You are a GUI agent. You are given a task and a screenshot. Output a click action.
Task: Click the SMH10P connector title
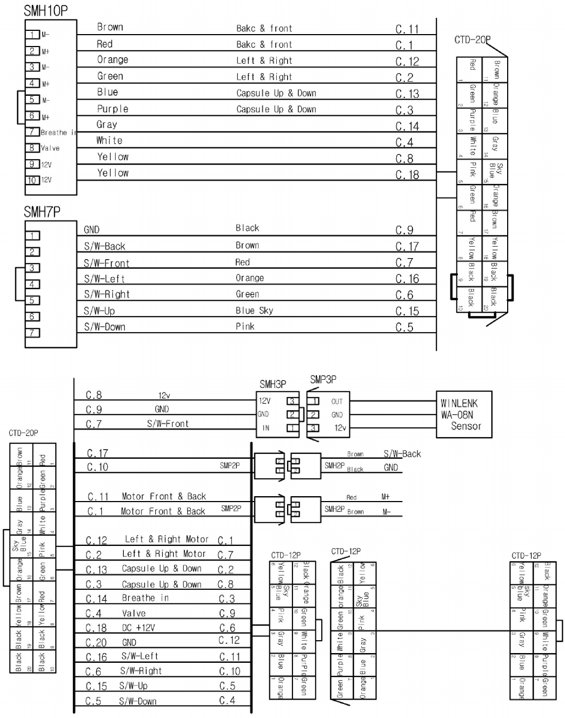[x=45, y=10]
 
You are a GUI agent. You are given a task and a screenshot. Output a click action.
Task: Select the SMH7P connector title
[x=42, y=212]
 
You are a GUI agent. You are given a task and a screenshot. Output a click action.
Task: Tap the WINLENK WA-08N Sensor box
[x=464, y=414]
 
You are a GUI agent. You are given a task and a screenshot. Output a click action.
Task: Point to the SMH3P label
[x=272, y=385]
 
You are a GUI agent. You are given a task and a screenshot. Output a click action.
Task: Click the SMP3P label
[x=323, y=380]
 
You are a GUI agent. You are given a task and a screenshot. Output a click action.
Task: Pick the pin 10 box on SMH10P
[x=32, y=180]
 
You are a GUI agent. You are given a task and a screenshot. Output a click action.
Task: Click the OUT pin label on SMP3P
[x=337, y=401]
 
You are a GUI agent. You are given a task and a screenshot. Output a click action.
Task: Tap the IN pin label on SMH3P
[x=265, y=428]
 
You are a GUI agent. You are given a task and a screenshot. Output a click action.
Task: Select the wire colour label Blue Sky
[x=254, y=311]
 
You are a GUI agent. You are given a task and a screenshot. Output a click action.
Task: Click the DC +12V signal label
[x=138, y=628]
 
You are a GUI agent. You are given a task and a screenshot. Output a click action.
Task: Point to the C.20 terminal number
[x=97, y=642]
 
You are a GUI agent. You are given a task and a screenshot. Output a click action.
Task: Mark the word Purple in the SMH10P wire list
[x=112, y=109]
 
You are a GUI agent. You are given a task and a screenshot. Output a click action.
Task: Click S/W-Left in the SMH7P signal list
[x=104, y=279]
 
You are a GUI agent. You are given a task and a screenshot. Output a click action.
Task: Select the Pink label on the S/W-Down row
[x=245, y=326]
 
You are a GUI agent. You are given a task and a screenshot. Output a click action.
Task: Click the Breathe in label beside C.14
[x=145, y=598]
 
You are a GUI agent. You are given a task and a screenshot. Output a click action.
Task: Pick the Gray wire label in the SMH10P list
[x=107, y=124]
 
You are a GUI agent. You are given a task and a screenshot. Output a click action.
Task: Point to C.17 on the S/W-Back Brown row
[x=407, y=247]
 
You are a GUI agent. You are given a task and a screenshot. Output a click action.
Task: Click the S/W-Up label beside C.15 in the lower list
[x=134, y=686]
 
